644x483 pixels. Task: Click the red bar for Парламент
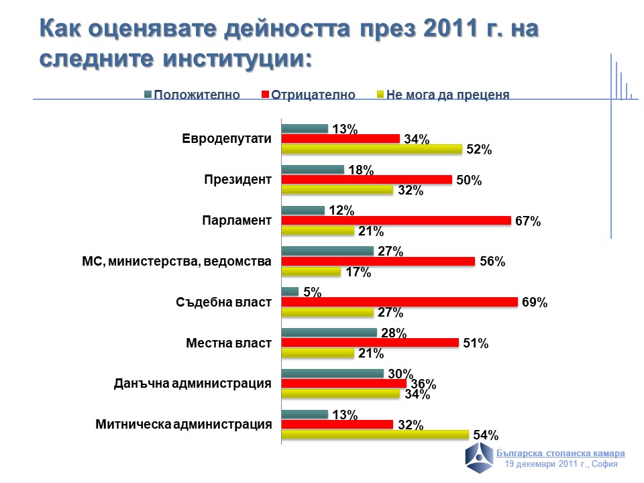(396, 221)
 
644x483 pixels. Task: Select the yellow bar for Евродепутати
(371, 149)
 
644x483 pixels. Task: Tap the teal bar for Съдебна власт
(289, 292)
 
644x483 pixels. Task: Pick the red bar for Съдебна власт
(398, 302)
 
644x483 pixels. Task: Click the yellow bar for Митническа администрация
(374, 435)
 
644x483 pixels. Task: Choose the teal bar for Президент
(312, 170)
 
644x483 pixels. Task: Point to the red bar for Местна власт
(370, 343)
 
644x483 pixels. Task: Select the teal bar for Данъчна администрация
(332, 374)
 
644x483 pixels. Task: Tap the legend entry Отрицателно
(309, 95)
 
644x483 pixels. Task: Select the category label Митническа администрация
(183, 424)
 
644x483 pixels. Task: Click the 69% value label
(535, 303)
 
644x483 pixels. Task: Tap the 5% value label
(313, 292)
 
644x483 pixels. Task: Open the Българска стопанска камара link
(566, 453)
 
